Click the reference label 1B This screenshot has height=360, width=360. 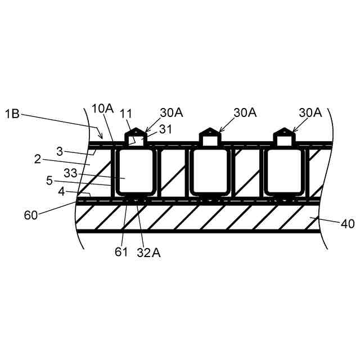pos(12,114)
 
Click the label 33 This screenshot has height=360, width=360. pos(71,174)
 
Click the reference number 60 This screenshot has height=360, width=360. pos(32,215)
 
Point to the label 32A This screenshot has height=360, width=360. pos(148,253)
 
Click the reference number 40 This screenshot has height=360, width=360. pos(347,224)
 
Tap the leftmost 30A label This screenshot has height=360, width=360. pos(171,112)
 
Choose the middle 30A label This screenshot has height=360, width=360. pos(245,112)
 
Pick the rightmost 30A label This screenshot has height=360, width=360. pos(310,112)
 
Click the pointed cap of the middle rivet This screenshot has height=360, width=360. pos(209,134)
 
